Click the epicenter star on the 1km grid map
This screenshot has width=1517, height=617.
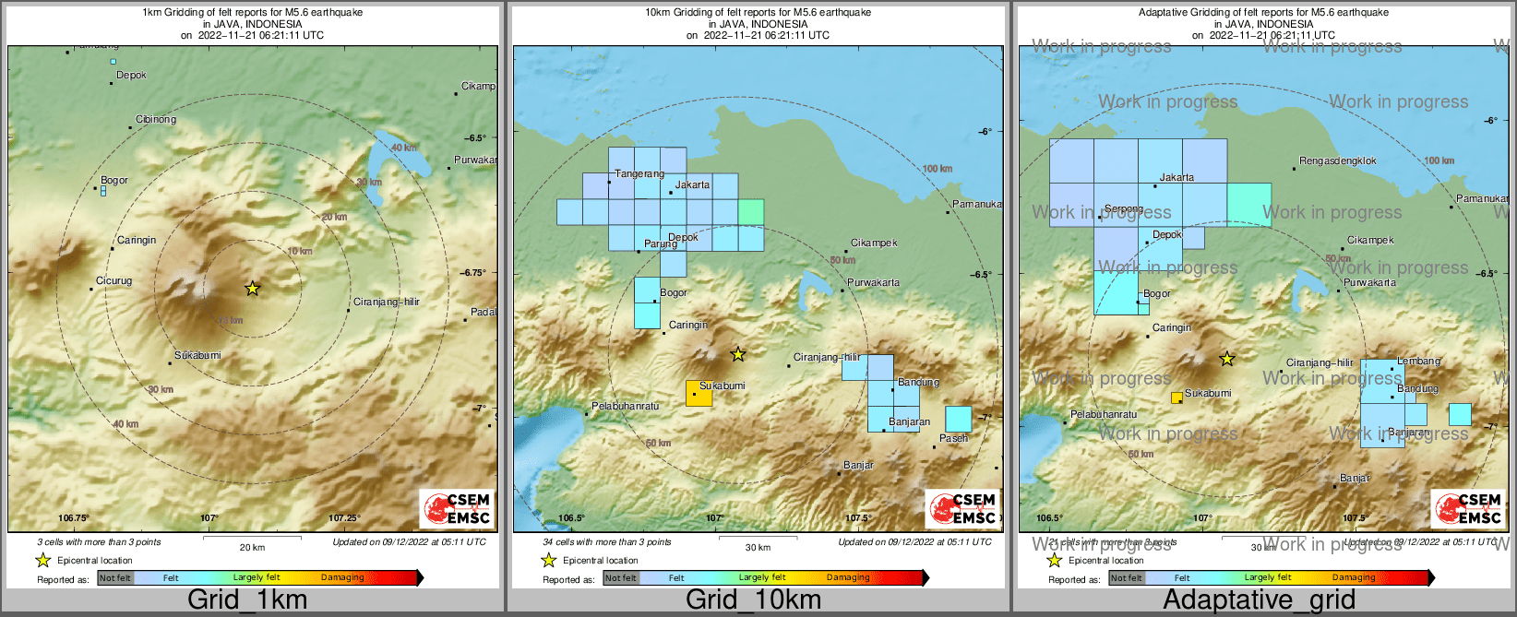(252, 289)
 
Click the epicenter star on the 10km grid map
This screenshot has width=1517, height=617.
(737, 354)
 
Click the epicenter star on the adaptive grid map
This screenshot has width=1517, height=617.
(1226, 359)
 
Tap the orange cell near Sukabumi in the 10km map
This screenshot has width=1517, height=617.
(699, 394)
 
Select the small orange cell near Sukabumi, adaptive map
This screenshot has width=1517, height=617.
(1177, 397)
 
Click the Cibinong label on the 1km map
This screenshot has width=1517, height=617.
(156, 119)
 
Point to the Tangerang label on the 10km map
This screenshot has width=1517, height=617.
(639, 173)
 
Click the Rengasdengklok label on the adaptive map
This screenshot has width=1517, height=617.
(1337, 160)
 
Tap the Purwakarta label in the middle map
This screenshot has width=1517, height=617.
(873, 282)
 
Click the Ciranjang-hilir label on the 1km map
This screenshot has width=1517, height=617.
(386, 302)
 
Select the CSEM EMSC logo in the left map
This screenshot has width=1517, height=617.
(456, 508)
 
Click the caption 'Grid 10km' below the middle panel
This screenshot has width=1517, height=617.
(753, 599)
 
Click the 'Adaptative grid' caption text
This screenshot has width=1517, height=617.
(1259, 599)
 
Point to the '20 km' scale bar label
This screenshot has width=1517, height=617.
(252, 547)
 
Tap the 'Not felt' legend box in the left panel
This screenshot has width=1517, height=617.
(115, 578)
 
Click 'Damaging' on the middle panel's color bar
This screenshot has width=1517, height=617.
(847, 578)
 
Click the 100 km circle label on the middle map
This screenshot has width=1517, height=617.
(937, 169)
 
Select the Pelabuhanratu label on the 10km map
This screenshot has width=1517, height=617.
(625, 406)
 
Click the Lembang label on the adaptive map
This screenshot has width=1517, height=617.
(1418, 361)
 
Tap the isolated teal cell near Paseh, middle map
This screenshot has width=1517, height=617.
(959, 420)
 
